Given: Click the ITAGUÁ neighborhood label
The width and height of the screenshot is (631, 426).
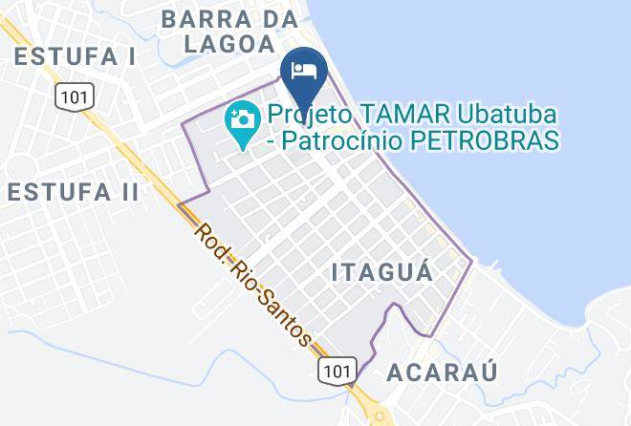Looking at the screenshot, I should tap(382, 272).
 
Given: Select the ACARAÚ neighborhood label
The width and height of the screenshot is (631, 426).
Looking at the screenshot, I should tap(443, 373).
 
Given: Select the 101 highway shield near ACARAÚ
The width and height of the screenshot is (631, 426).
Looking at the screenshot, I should tap(339, 369).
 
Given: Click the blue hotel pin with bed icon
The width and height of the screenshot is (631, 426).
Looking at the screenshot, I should tap(305, 71).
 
